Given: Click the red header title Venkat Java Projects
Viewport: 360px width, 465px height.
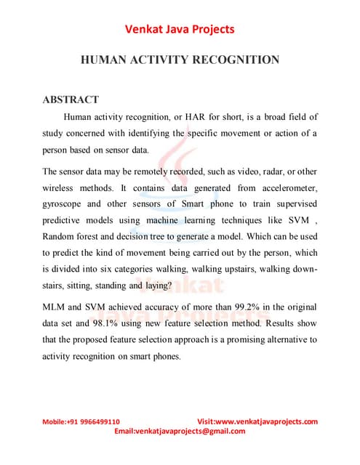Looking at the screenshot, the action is [x=180, y=29].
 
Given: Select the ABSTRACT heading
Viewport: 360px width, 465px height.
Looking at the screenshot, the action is [x=71, y=100].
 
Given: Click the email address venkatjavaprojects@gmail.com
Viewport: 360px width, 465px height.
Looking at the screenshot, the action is [x=191, y=431].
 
